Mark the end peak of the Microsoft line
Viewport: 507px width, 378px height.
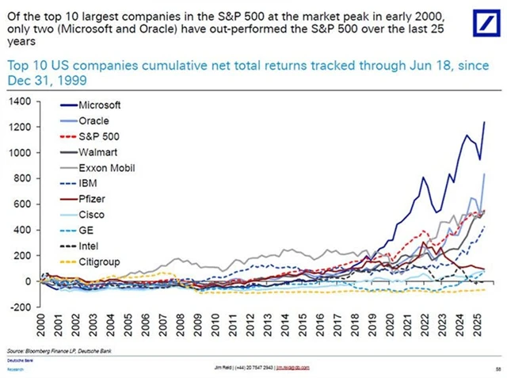[x=484, y=122]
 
